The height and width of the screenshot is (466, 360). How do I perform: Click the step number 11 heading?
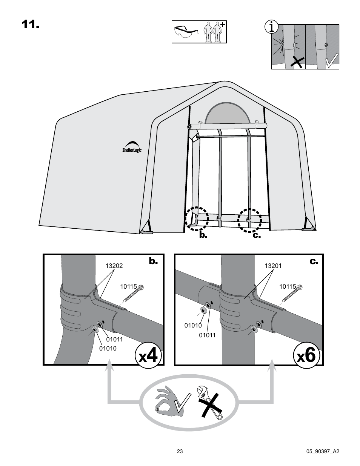click(30, 25)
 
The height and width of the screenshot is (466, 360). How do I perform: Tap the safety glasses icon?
click(186, 32)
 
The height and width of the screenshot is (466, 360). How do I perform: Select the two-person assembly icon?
click(214, 32)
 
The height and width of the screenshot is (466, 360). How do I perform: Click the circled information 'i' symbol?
click(272, 27)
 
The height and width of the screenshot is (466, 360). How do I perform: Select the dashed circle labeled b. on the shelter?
click(197, 219)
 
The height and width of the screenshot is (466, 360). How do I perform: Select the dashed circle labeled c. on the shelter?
click(249, 220)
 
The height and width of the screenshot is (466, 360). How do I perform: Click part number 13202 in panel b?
click(114, 266)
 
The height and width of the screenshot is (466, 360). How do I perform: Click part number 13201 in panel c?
click(273, 266)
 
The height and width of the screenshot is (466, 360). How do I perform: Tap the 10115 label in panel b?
click(128, 287)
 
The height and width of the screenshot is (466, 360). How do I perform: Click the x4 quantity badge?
click(149, 356)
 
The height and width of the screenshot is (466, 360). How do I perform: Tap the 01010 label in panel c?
click(193, 326)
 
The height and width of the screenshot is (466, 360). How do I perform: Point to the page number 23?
click(180, 451)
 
